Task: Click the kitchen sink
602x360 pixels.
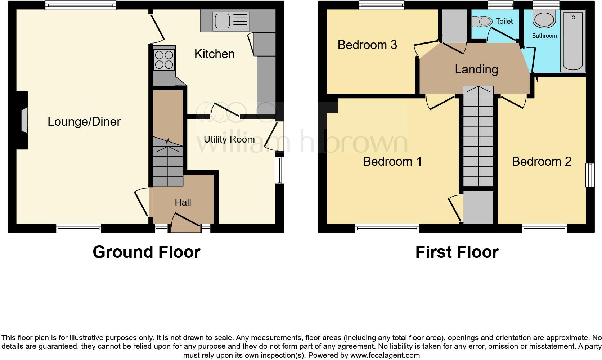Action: point(231,21)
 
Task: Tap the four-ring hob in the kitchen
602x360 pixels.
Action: point(164,60)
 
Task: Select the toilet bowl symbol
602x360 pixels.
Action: point(482,22)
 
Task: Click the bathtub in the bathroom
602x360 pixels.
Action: point(573,40)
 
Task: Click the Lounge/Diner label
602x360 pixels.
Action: point(84,122)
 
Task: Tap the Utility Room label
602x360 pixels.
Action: point(229,139)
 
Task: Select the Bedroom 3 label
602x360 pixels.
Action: point(367,45)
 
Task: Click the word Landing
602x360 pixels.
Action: point(476,69)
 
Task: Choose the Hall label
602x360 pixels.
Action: point(183,202)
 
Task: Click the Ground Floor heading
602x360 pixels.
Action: point(146,252)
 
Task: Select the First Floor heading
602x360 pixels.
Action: point(457,252)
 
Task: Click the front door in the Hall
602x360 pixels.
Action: point(187,222)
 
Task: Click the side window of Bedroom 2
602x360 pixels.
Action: point(590,175)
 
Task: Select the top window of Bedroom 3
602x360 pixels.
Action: point(382,5)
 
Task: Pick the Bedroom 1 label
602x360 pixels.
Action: point(392,161)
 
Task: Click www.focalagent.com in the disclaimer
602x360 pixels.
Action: point(385,355)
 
